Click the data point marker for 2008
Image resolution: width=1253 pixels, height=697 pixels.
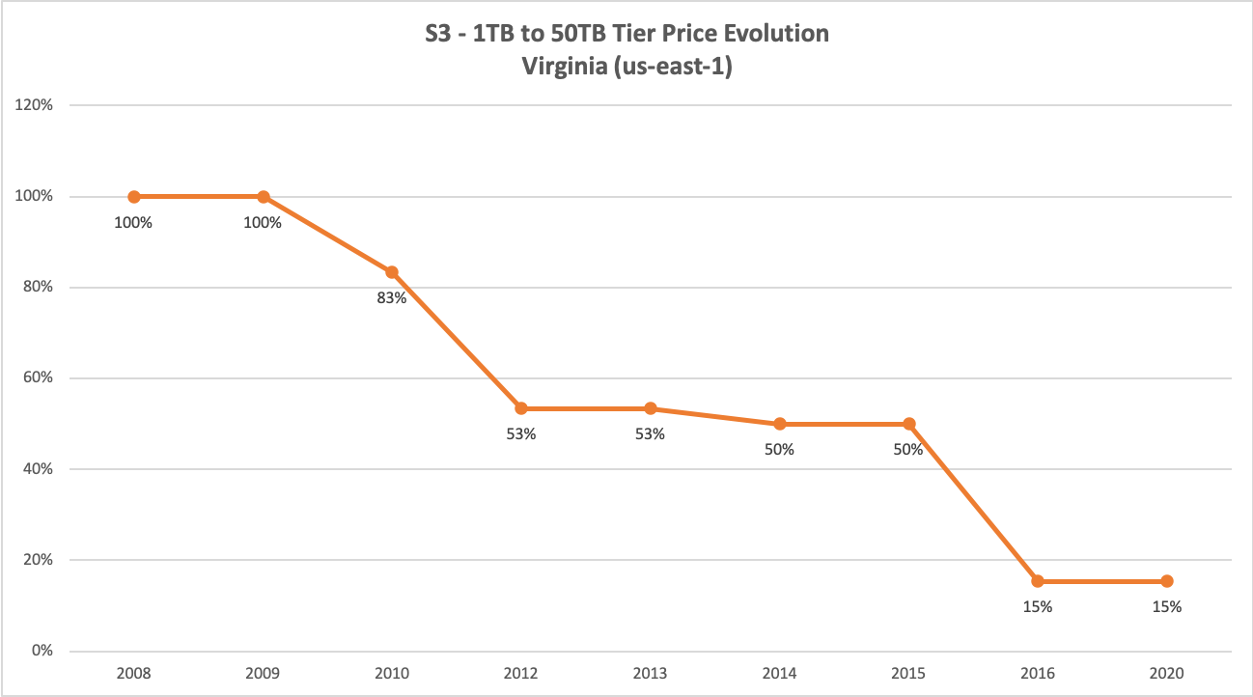pyautogui.click(x=134, y=197)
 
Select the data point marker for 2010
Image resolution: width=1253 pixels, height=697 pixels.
pyautogui.click(x=392, y=272)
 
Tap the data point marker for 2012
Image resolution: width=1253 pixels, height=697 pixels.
pyautogui.click(x=521, y=408)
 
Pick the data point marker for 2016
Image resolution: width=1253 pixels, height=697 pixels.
pyautogui.click(x=1038, y=581)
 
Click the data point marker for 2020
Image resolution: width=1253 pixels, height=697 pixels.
pyautogui.click(x=1167, y=581)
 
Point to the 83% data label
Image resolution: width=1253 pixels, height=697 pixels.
pyautogui.click(x=392, y=298)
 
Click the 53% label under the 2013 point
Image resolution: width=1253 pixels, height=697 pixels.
pyautogui.click(x=650, y=434)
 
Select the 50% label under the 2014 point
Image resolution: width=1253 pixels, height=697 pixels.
pyautogui.click(x=779, y=450)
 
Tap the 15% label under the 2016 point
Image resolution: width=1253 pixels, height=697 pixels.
pyautogui.click(x=1038, y=607)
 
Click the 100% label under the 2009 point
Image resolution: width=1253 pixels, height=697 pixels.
pyautogui.click(x=263, y=223)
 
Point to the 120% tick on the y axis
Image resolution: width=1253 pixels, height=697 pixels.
pyautogui.click(x=35, y=105)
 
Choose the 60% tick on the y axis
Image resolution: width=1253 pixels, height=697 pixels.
pyautogui.click(x=39, y=378)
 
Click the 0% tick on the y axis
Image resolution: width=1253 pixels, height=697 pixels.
pyautogui.click(x=42, y=651)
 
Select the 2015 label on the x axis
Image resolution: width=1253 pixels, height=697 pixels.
pyautogui.click(x=908, y=673)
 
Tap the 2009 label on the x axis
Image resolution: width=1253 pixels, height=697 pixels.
pyautogui.click(x=263, y=673)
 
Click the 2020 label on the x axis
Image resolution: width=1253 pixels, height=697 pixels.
pyautogui.click(x=1167, y=673)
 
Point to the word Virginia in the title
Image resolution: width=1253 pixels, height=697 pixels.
pyautogui.click(x=567, y=66)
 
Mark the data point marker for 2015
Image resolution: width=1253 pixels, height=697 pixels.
pyautogui.click(x=908, y=424)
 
